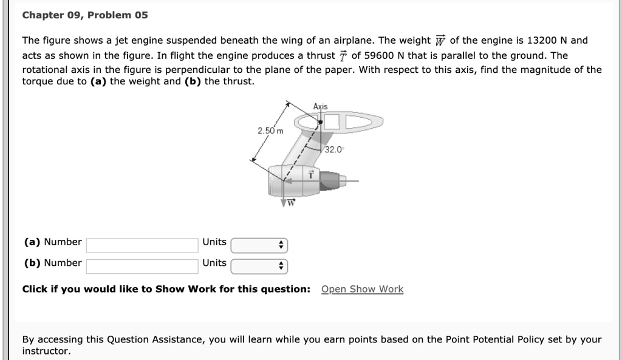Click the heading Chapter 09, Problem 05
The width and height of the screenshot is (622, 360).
click(85, 15)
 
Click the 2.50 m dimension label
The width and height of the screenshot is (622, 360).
click(270, 131)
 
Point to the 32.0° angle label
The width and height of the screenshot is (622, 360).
click(334, 149)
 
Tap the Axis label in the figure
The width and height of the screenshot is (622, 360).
click(320, 107)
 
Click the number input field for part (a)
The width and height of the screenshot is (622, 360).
click(142, 245)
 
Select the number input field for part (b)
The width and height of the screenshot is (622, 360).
click(142, 266)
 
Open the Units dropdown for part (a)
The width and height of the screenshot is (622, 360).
click(259, 245)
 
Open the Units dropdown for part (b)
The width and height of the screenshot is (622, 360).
click(259, 266)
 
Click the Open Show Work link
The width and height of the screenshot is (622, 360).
click(362, 289)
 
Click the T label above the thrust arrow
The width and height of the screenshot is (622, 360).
click(310, 173)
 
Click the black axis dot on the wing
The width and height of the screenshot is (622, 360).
click(320, 122)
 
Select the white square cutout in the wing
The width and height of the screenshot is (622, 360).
click(331, 122)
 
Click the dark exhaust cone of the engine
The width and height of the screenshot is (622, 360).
click(329, 180)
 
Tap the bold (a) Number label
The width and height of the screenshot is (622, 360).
click(52, 242)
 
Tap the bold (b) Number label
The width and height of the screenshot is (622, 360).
click(52, 263)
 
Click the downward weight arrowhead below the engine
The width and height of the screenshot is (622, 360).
click(284, 203)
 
